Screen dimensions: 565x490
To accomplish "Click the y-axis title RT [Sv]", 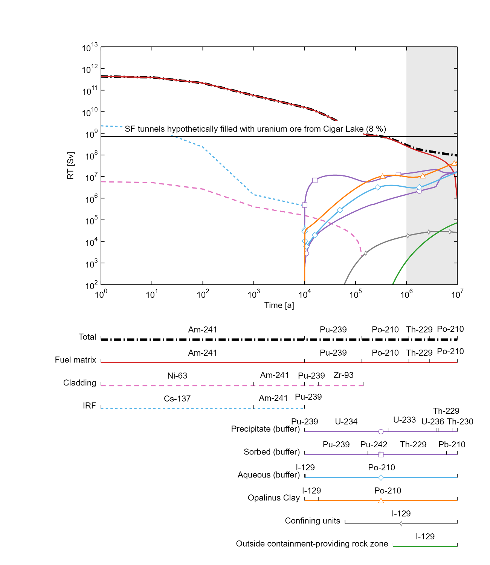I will coord(70,166).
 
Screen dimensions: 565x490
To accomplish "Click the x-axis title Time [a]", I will coord(279,305).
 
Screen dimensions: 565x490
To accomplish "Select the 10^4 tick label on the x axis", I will coord(304,294).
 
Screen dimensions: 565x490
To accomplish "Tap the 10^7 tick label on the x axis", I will coord(457,294).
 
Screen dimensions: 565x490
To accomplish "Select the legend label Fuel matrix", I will coord(76,360).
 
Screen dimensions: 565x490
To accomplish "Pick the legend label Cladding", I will coord(80,383).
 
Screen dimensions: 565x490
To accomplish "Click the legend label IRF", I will coord(90,406).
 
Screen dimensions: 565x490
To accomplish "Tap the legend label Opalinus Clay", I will coord(274,498).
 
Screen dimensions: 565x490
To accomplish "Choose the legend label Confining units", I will coord(313,521).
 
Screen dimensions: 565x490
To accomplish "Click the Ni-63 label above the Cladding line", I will coord(177,376).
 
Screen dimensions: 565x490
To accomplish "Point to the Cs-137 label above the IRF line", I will coord(177,399).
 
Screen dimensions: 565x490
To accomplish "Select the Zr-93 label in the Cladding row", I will coord(343,375).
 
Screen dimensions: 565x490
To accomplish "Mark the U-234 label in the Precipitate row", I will coord(346,422).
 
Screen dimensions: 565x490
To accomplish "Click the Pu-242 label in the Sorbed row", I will coord(374,445).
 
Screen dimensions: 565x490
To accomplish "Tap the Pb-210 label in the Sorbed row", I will coord(452,445).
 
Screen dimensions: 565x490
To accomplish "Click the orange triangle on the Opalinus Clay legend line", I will coord(381,501).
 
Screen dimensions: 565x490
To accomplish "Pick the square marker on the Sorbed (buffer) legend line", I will coord(381,454).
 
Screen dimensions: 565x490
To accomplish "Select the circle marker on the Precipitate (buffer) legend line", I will coord(381,431).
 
